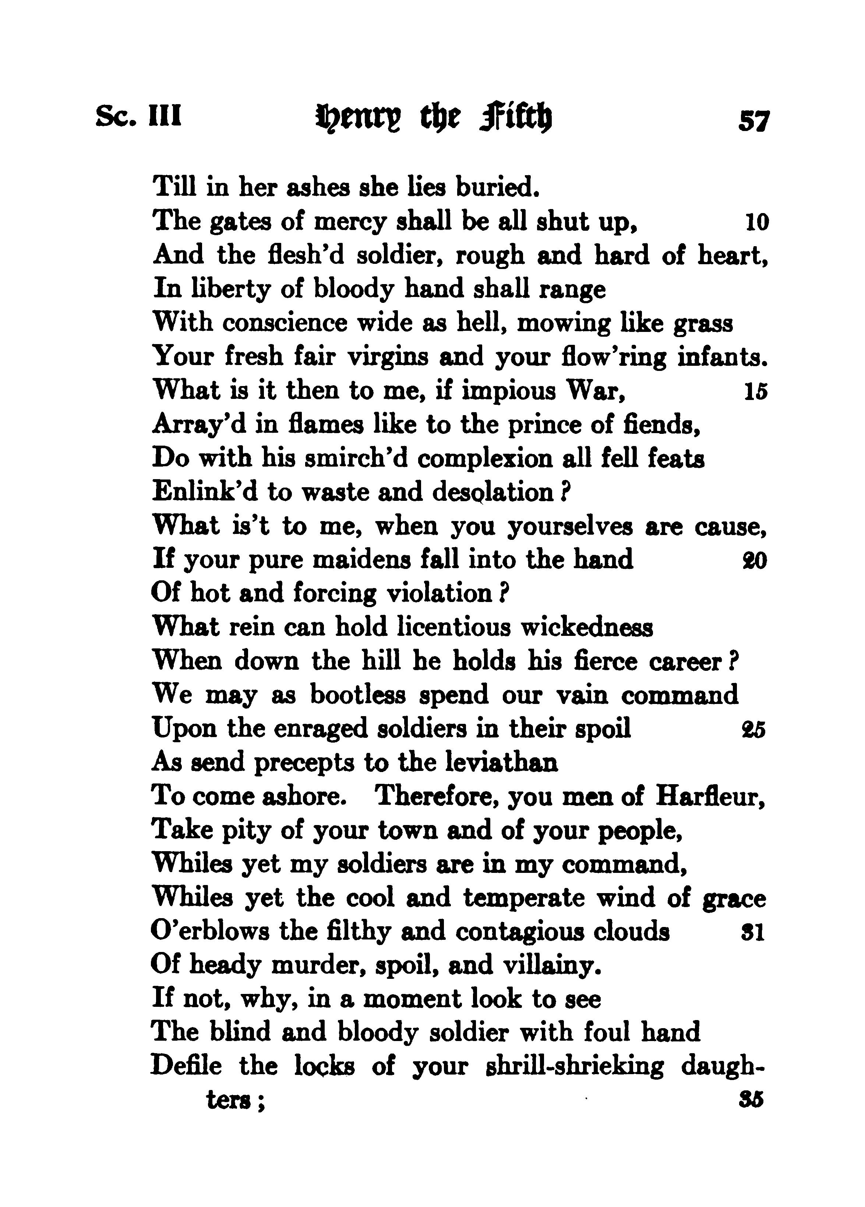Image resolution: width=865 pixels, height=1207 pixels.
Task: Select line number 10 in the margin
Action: point(756,222)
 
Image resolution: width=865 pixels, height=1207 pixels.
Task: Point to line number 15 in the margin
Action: point(755,391)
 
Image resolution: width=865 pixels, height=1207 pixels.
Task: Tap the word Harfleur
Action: point(710,796)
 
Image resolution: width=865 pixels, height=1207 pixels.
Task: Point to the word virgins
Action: point(388,357)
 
